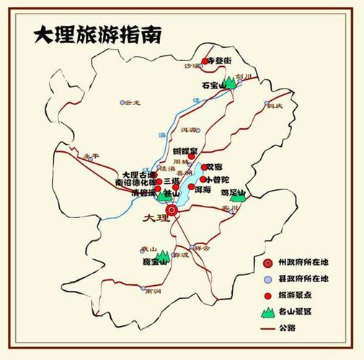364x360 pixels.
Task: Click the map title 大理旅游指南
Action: [97, 35]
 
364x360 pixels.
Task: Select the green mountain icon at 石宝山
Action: [231, 84]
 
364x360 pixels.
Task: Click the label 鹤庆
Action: [273, 106]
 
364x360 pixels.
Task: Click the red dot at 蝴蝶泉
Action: [192, 156]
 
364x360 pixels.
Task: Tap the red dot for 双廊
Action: [203, 167]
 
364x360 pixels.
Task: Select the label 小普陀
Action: [218, 179]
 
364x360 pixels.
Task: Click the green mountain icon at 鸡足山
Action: [236, 195]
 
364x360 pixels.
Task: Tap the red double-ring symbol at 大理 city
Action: [172, 210]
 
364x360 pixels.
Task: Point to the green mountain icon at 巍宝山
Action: [163, 255]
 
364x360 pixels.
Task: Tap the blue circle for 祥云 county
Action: [192, 247]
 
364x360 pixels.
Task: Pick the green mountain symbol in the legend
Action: [267, 312]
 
